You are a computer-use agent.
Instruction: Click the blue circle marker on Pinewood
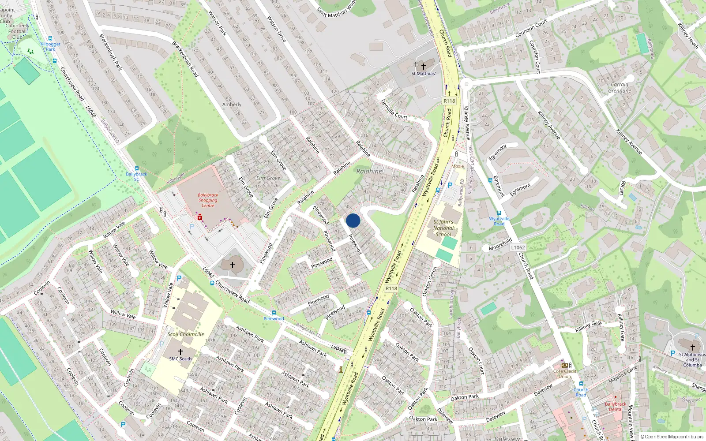pyautogui.click(x=353, y=220)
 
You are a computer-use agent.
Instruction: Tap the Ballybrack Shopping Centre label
pyautogui.click(x=208, y=200)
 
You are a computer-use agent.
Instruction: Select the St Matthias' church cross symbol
pyautogui.click(x=423, y=67)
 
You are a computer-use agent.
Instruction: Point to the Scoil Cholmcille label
pyautogui.click(x=186, y=334)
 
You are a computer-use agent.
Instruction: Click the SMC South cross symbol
pyautogui.click(x=180, y=352)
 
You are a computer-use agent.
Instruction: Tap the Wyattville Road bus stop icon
pyautogui.click(x=499, y=213)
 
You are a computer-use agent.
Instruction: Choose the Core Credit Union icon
pyautogui.click(x=564, y=365)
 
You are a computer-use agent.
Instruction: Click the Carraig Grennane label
pyautogui.click(x=620, y=87)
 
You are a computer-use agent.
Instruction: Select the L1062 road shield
pyautogui.click(x=518, y=247)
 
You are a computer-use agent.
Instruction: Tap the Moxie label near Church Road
pyautogui.click(x=458, y=166)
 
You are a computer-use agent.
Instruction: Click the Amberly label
pyautogui.click(x=232, y=105)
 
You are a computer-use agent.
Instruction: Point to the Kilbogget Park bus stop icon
pyautogui.click(x=50, y=38)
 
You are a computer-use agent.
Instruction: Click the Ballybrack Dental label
pyautogui.click(x=615, y=406)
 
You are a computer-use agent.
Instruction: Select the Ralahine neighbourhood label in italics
pyautogui.click(x=369, y=171)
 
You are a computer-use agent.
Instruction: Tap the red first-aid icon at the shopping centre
pyautogui.click(x=200, y=217)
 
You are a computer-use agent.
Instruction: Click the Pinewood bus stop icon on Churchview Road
pyautogui.click(x=274, y=313)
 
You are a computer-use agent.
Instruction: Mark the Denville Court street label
pyautogui.click(x=394, y=108)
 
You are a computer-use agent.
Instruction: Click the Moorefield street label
pyautogui.click(x=500, y=244)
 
